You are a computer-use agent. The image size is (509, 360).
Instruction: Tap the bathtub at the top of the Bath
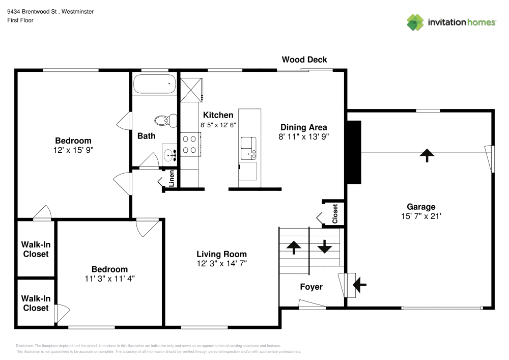click(x=154, y=84)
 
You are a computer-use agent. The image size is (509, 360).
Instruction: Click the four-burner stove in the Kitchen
click(x=190, y=144)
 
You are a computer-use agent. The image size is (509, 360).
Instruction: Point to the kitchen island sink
click(x=249, y=148)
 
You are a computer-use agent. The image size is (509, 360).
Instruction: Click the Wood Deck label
click(x=304, y=60)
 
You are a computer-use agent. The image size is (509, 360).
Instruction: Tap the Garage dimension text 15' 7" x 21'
click(x=421, y=216)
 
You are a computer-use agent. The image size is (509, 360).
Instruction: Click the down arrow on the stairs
click(x=324, y=247)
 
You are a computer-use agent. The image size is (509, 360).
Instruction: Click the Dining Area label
click(x=304, y=127)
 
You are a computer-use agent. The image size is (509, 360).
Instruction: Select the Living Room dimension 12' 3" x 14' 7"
click(x=222, y=263)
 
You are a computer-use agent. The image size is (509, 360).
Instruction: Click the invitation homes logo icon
click(x=415, y=22)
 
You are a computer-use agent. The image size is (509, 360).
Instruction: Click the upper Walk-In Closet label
click(x=35, y=249)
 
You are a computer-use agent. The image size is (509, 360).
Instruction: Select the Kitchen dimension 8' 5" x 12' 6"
click(x=218, y=125)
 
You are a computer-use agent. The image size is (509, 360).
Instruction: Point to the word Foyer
click(x=311, y=287)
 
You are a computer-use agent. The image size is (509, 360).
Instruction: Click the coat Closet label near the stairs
click(x=335, y=214)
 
